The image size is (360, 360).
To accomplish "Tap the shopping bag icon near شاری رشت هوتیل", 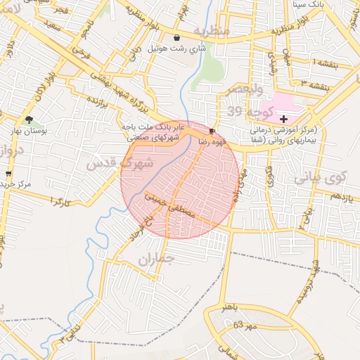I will click(x=176, y=37).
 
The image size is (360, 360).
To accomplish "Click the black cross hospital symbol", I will click(x=284, y=120).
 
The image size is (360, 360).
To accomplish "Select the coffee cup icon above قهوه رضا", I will click(x=212, y=131).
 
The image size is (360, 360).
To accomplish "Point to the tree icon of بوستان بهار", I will click(x=29, y=120).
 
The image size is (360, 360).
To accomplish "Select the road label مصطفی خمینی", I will click(x=173, y=205).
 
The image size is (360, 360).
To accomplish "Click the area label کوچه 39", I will click(x=244, y=110).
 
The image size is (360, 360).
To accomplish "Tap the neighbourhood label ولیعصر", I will click(x=246, y=89).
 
